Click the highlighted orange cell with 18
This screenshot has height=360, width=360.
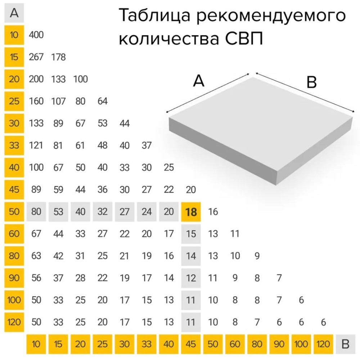pos(191,212)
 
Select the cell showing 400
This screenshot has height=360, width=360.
pos(36,35)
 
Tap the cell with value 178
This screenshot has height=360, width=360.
pos(58,57)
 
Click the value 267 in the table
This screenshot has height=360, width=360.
pos(36,57)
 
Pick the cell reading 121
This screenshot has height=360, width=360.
pos(36,145)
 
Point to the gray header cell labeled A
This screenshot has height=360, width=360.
pos(14,13)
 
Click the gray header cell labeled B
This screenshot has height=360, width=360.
pos(345,344)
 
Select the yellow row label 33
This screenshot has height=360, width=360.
pos(14,145)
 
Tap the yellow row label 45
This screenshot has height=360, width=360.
pos(14,189)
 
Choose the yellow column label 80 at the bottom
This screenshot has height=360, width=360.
pos(257,344)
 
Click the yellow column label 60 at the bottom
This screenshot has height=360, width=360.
pos(235,344)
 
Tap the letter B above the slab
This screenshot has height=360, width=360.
pos(311,82)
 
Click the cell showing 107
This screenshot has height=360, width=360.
pos(58,101)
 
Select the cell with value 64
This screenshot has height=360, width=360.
pos(102,101)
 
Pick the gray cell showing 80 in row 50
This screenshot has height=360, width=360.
pos(36,212)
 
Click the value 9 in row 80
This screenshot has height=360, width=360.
pos(257,256)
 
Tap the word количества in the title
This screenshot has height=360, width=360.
pos(168,39)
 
